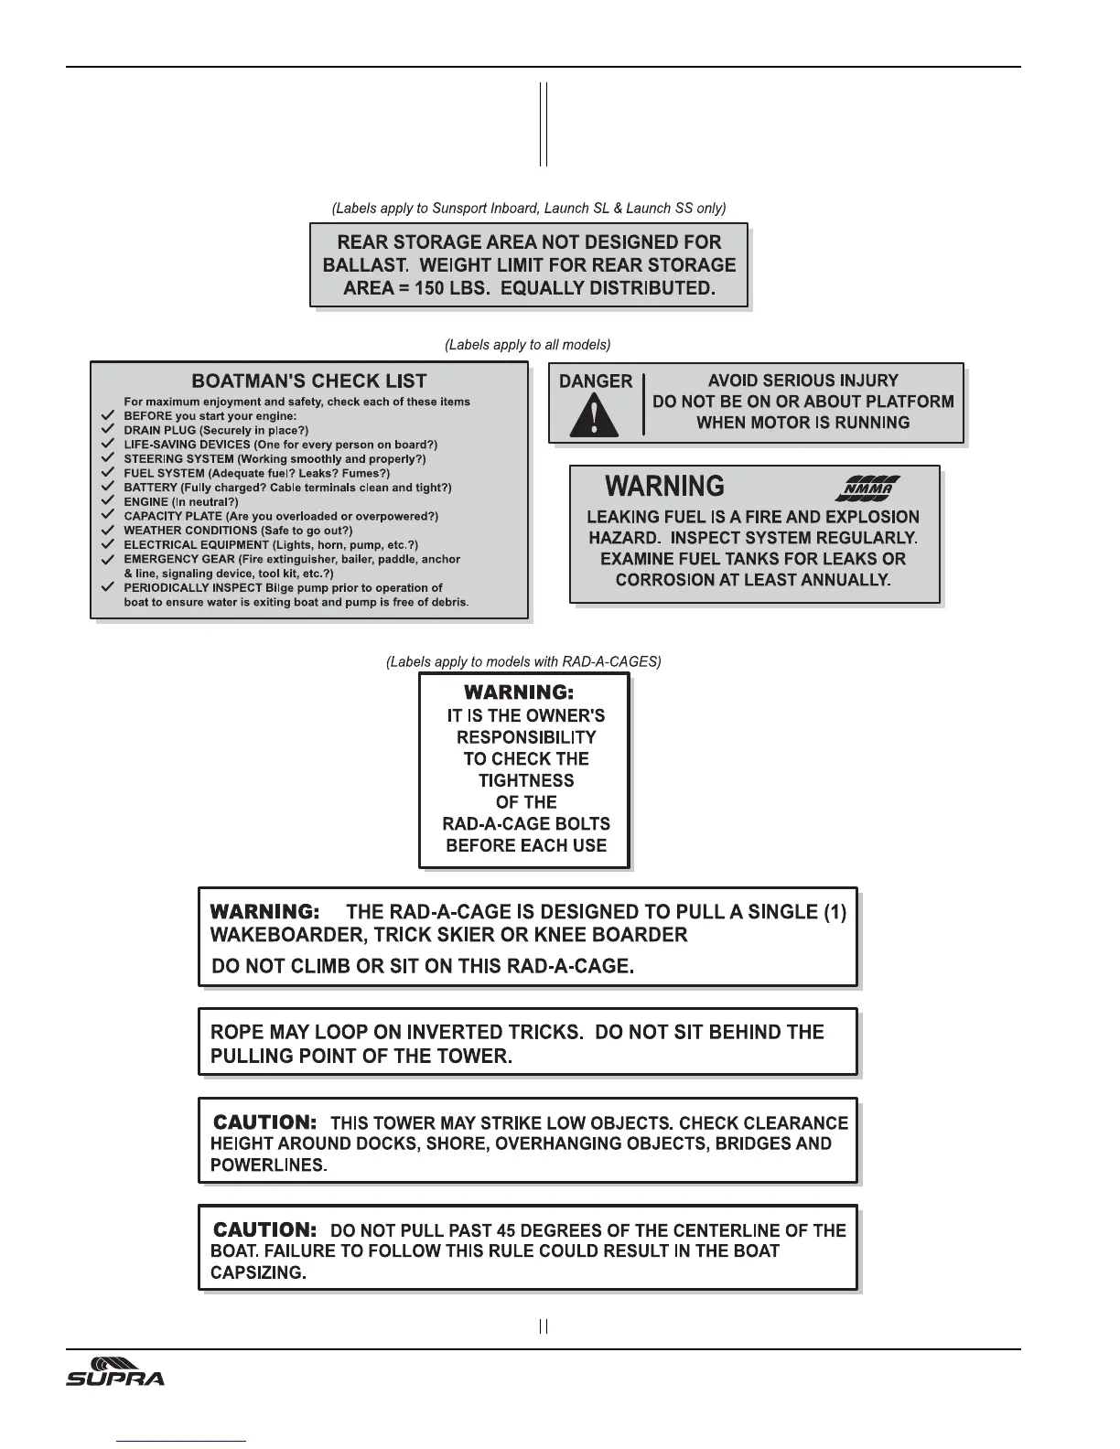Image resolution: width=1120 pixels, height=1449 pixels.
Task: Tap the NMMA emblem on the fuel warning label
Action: (x=867, y=488)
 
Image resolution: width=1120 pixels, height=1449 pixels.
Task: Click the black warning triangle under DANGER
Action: (x=595, y=415)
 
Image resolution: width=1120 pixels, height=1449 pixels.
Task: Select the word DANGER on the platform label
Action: (x=596, y=381)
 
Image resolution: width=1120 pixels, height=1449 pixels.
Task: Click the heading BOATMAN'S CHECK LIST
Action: (x=309, y=381)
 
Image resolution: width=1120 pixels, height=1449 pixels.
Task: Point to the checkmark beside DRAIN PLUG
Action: (x=108, y=430)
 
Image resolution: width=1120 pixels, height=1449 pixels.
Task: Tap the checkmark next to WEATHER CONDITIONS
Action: (x=108, y=531)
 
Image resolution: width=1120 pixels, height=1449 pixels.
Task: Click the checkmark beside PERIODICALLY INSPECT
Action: (x=108, y=587)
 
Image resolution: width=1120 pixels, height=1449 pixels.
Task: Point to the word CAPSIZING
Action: (x=257, y=1273)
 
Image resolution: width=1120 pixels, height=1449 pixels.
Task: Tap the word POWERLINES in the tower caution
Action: (x=267, y=1165)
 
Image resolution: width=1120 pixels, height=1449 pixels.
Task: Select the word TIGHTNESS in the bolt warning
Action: (x=526, y=780)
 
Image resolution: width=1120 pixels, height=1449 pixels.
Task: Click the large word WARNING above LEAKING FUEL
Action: (x=665, y=487)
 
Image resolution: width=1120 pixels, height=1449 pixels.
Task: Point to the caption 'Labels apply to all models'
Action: (x=528, y=345)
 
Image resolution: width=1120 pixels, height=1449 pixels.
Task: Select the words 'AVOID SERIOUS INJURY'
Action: (x=803, y=381)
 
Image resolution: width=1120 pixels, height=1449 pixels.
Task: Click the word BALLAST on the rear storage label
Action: (x=362, y=265)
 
